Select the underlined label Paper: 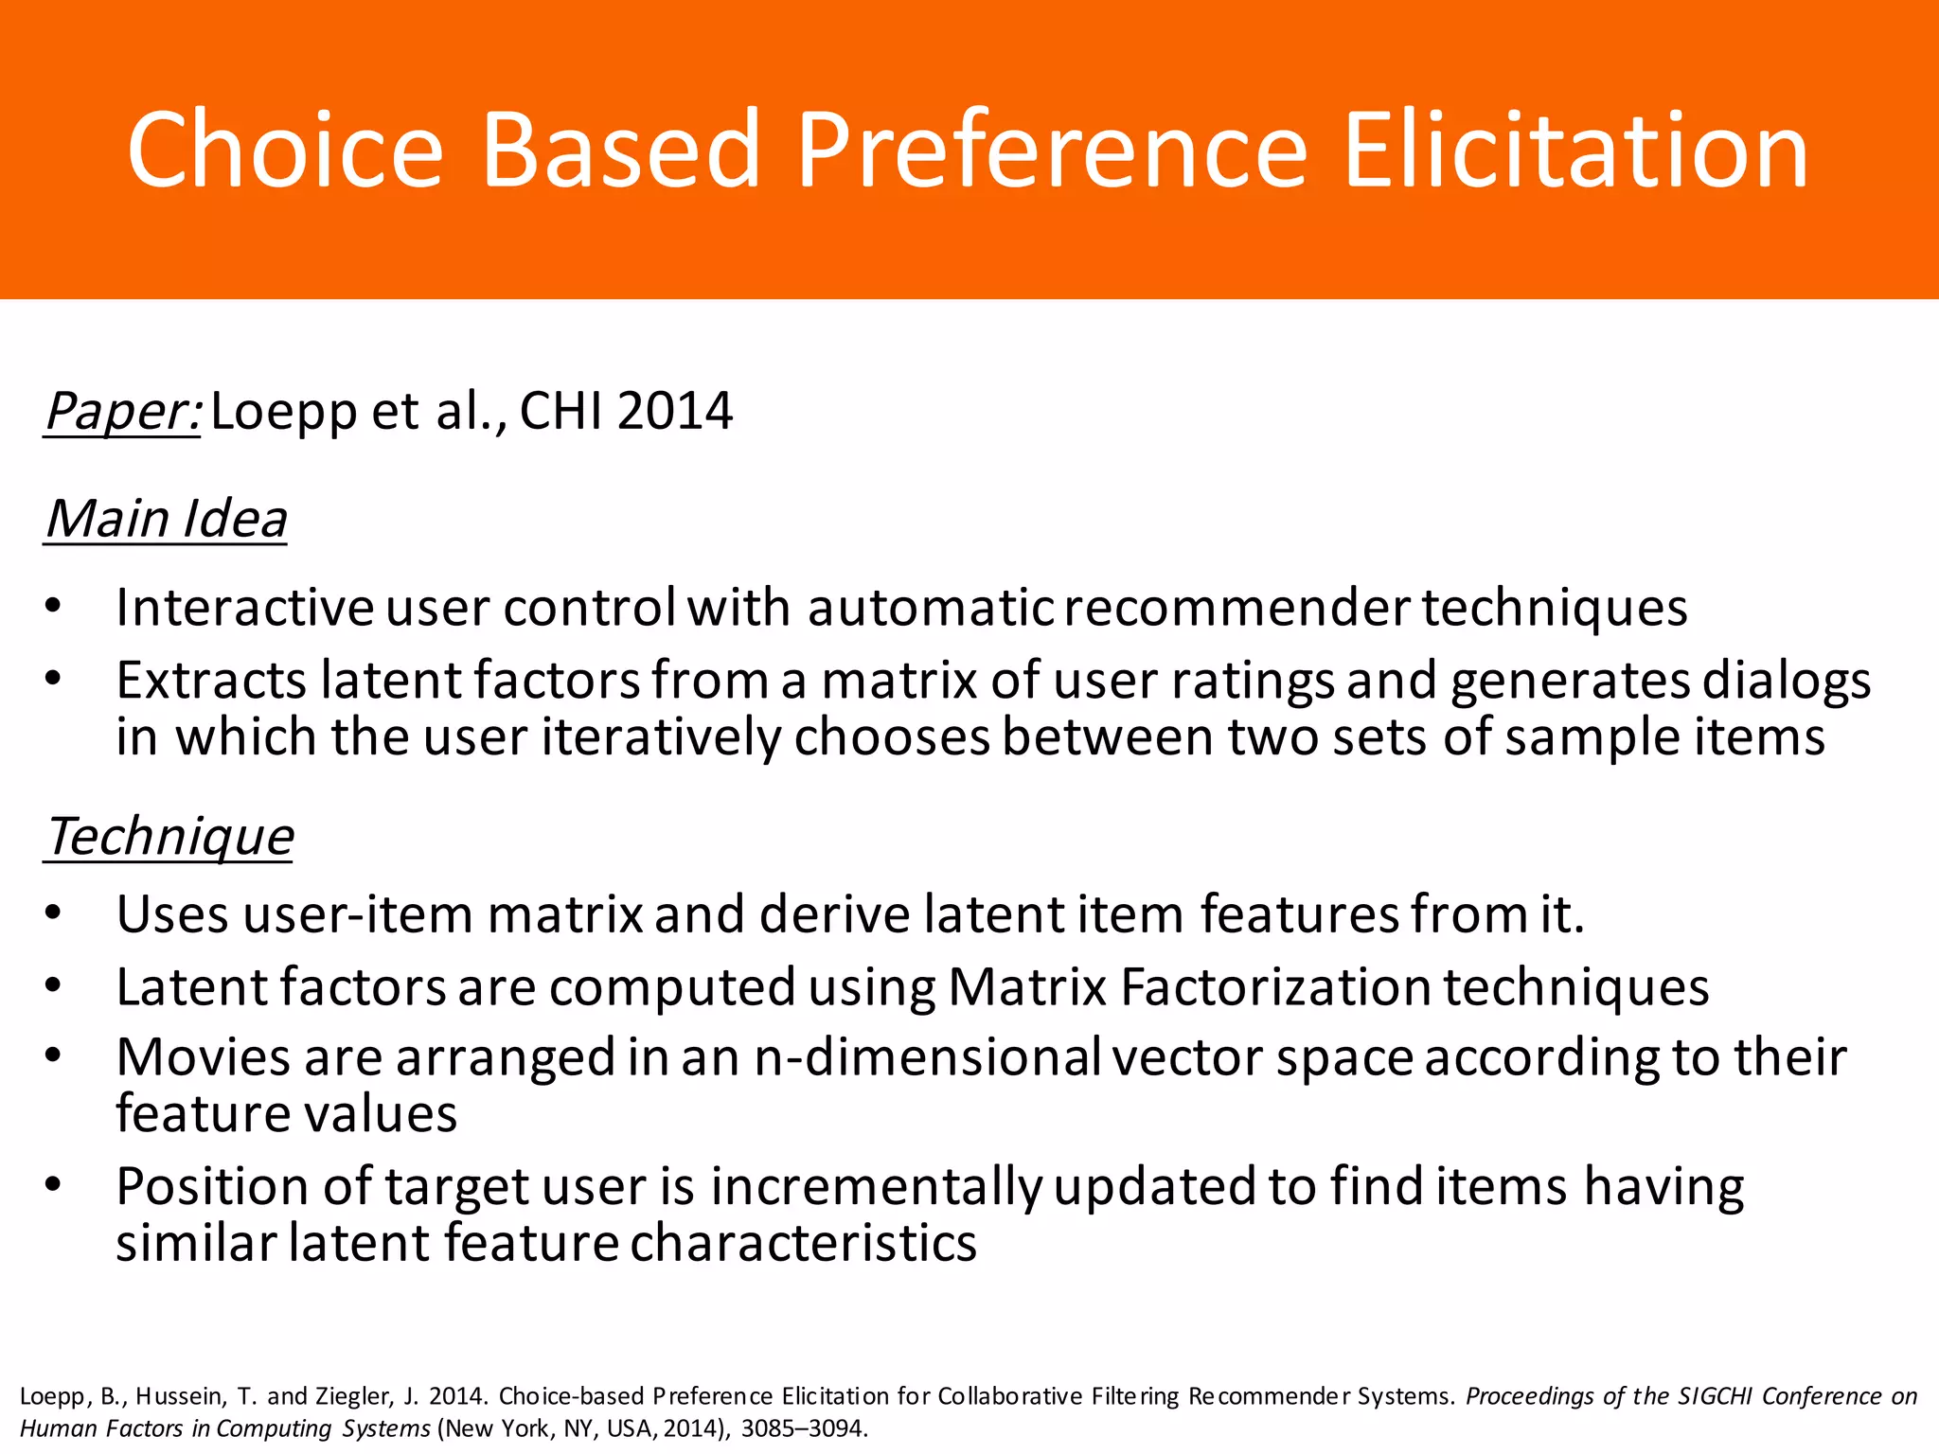pos(123,412)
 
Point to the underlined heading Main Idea pos(167,520)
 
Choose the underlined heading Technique pos(170,838)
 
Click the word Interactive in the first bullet pos(245,608)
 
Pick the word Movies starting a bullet pos(203,1057)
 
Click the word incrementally pos(876,1187)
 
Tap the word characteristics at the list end pos(803,1244)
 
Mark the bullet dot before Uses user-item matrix pos(53,913)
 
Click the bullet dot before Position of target pos(53,1185)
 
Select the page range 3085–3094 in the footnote pos(802,1428)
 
